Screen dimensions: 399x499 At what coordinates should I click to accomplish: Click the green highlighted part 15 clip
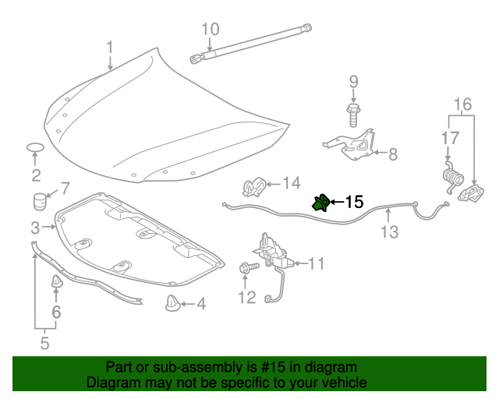point(320,203)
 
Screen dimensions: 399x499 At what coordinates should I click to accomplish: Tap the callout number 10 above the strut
point(211,30)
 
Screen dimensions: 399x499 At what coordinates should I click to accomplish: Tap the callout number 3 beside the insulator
point(35,228)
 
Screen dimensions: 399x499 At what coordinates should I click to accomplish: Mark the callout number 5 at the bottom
point(44,341)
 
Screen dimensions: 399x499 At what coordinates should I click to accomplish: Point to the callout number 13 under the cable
point(389,231)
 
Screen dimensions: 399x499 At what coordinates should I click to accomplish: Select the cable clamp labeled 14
point(251,187)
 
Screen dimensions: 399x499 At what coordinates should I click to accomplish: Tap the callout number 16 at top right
point(462,104)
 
